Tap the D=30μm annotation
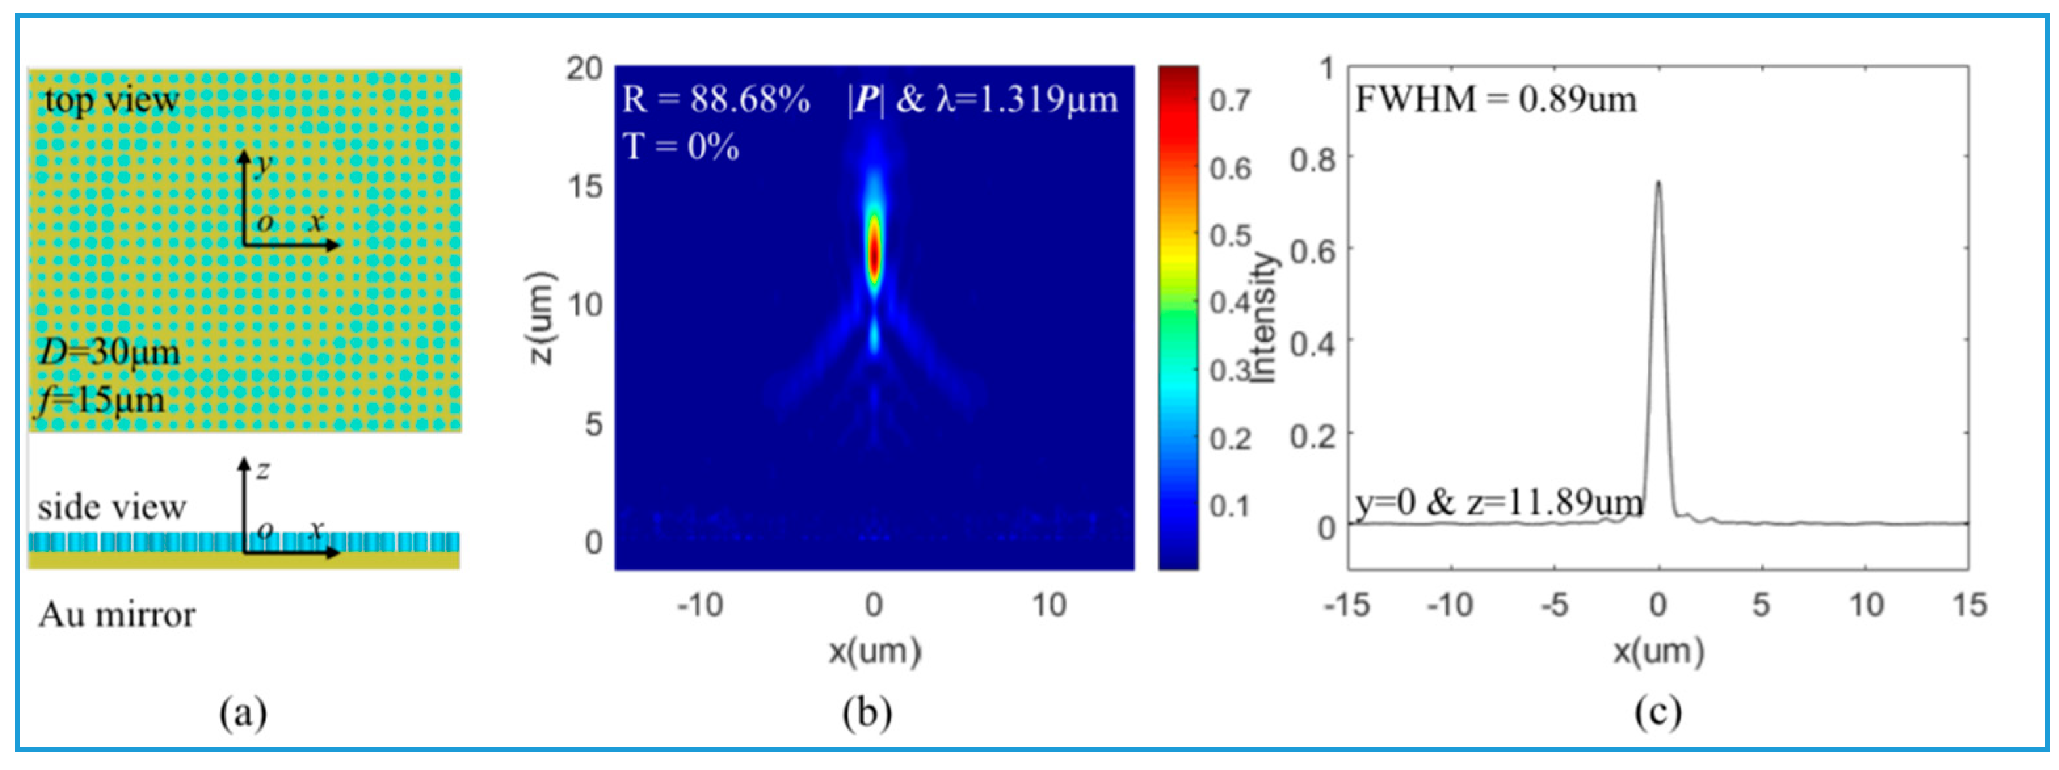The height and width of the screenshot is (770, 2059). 110,352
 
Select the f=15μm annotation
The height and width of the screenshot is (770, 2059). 100,398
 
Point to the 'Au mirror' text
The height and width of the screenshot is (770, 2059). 117,615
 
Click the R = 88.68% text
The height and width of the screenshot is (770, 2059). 716,100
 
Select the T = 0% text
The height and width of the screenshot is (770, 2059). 680,147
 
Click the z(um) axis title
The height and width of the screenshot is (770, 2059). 541,317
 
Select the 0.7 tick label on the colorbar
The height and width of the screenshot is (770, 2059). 1230,101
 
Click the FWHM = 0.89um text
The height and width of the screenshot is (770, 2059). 1496,100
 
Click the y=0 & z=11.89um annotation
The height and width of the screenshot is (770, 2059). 1499,504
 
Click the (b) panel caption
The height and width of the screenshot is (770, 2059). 867,712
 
